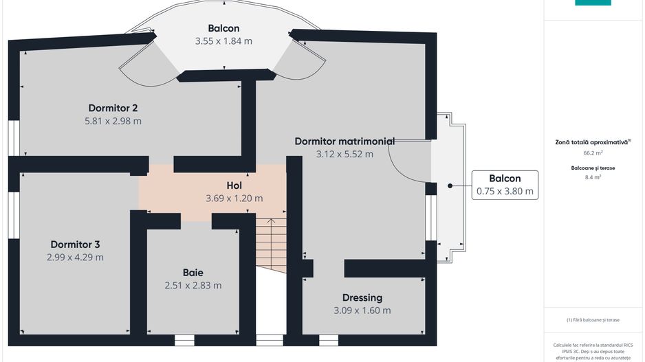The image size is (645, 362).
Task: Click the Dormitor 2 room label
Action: point(113,108)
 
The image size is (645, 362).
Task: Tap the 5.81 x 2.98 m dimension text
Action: point(113,121)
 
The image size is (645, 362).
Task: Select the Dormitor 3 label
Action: point(76,245)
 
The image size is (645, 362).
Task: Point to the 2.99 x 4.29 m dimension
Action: point(76,258)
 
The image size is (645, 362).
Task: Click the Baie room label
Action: point(193,272)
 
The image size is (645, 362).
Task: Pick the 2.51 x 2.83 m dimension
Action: point(193,285)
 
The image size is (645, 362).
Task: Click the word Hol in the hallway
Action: point(234,185)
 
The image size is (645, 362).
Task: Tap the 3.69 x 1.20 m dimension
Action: point(234,199)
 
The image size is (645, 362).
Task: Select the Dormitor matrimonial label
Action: point(345,142)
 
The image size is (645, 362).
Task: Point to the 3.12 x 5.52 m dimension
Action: point(345,155)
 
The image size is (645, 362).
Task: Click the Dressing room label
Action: point(362,297)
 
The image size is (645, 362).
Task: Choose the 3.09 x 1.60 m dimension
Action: point(362,310)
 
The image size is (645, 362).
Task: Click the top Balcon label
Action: point(223,28)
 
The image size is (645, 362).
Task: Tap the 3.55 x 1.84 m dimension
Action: point(223,41)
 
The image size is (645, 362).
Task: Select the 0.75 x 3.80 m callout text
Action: point(505,192)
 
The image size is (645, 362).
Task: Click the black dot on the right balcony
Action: point(450,185)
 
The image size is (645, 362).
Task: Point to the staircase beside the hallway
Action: point(271,244)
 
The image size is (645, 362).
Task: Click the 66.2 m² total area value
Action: point(593,153)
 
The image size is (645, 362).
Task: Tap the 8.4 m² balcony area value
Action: point(593,177)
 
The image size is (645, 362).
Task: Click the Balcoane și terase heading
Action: point(593,168)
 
